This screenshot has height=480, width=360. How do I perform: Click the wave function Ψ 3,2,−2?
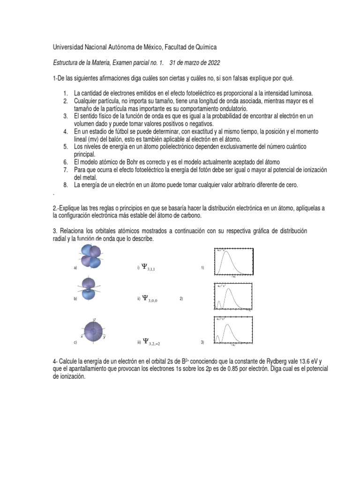152,342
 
